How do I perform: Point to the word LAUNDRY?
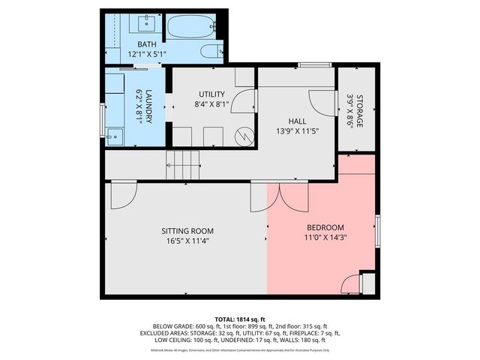148,105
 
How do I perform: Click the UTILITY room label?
211,94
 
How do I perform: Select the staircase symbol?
184,164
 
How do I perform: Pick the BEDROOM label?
325,228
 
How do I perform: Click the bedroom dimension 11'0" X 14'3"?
325,238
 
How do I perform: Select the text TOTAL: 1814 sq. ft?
240,318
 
